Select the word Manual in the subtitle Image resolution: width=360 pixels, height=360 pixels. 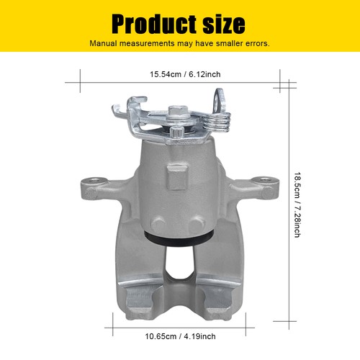point(105,43)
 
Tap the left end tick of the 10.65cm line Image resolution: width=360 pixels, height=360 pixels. point(114,321)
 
